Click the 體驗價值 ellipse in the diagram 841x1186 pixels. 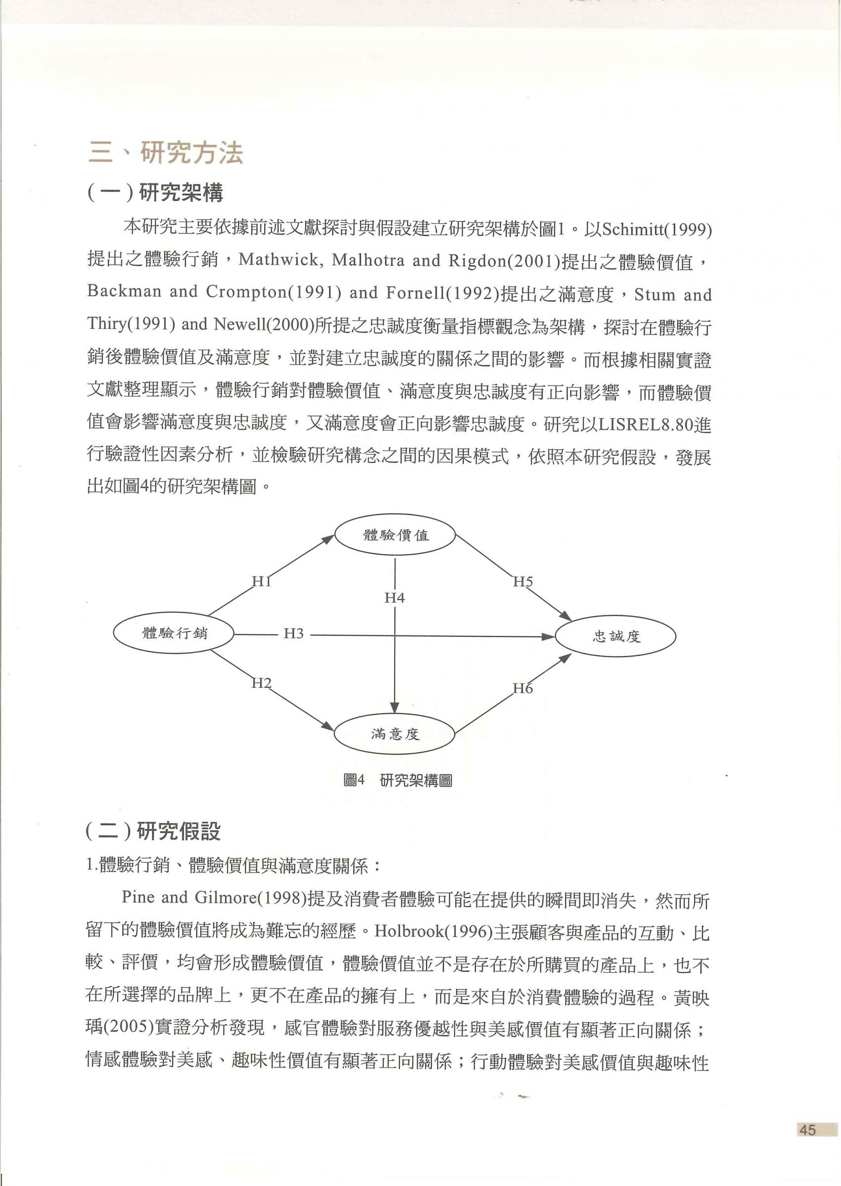[395, 535]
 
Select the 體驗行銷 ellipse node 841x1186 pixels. [174, 633]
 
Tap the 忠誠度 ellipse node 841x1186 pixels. [616, 636]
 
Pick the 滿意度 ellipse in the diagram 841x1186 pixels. [395, 734]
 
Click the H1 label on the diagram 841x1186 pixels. [262, 581]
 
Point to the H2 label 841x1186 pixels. [262, 684]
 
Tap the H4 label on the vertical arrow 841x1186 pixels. [395, 598]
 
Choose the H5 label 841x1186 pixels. [523, 581]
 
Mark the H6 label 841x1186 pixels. [523, 689]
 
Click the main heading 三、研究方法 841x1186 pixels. [166, 153]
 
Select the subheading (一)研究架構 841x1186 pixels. [155, 193]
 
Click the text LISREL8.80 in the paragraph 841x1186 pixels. [645, 425]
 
